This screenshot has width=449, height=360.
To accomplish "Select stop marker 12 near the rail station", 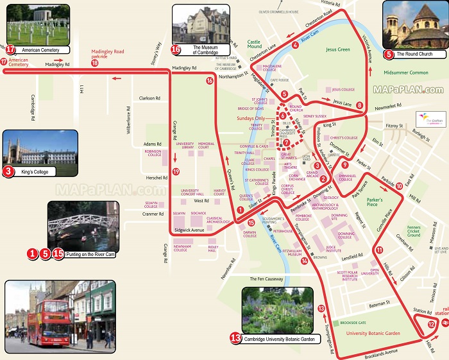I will tap(431, 325).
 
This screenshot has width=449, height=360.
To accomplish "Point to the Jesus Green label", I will tap(337, 49).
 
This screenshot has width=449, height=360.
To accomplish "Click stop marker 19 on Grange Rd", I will tap(175, 172).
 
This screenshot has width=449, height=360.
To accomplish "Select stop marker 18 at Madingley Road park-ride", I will tap(95, 63).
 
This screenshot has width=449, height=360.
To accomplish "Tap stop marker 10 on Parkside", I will tap(399, 185).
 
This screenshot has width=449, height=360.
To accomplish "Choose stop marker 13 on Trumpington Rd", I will tap(321, 309).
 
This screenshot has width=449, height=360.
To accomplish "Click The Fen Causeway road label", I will tap(266, 279).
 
